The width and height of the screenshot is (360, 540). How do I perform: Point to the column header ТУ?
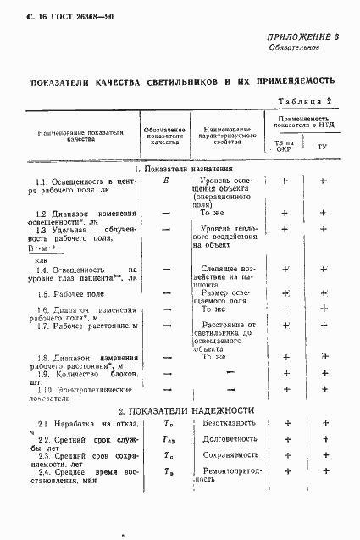pos(322,147)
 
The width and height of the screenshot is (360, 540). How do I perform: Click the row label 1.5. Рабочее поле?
pos(69,293)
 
